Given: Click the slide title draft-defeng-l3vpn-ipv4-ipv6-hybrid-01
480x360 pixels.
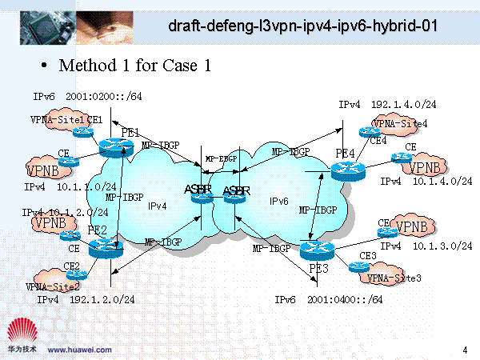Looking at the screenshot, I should (x=303, y=26).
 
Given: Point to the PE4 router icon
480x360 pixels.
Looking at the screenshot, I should (x=346, y=170).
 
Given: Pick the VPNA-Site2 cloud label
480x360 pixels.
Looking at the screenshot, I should (x=53, y=286).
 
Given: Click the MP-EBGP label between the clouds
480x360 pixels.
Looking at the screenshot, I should (x=221, y=158).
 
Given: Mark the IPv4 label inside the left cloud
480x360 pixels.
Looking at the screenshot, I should (x=157, y=206).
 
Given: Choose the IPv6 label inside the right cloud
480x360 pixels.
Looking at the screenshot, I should (x=278, y=202).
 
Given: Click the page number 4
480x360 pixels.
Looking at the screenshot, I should (x=465, y=349).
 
